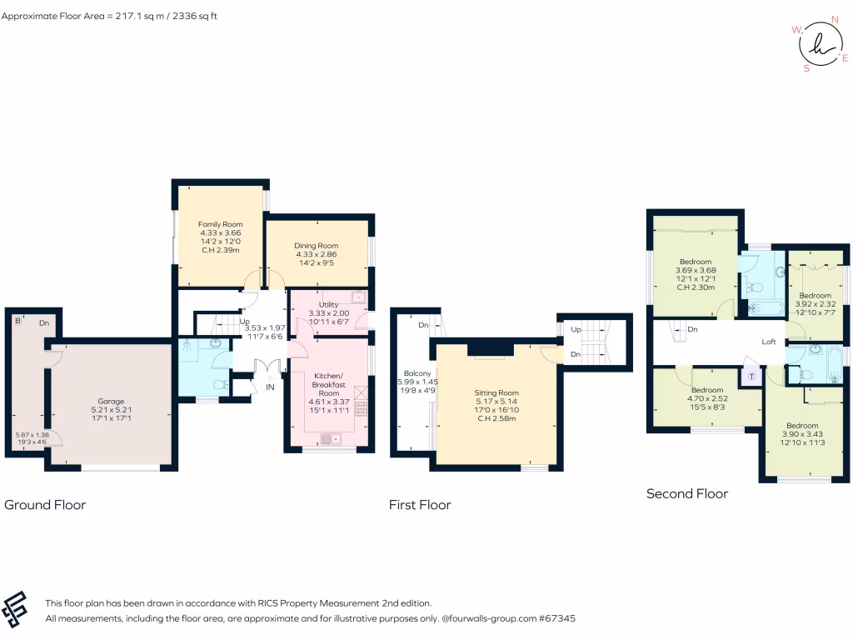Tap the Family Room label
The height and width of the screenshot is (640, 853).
point(219,224)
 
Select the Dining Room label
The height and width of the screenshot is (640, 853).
point(316,245)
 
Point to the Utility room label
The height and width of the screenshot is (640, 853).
point(328,305)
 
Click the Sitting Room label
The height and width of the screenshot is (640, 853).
point(496,392)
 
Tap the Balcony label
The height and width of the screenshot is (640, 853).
point(417,372)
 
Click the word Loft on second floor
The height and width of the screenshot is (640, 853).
point(770,342)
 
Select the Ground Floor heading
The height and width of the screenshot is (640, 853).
point(45,504)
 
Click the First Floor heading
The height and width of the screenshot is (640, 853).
point(420,504)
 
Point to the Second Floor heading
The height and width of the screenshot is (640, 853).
point(687,493)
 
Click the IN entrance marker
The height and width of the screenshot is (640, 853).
point(270,387)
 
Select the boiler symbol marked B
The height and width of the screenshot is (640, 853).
point(17,321)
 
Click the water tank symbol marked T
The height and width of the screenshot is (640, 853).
point(751,376)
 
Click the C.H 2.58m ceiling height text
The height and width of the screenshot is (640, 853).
point(496,418)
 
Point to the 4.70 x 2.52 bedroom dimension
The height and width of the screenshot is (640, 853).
point(706,399)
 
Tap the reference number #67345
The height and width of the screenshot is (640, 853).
point(556,618)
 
